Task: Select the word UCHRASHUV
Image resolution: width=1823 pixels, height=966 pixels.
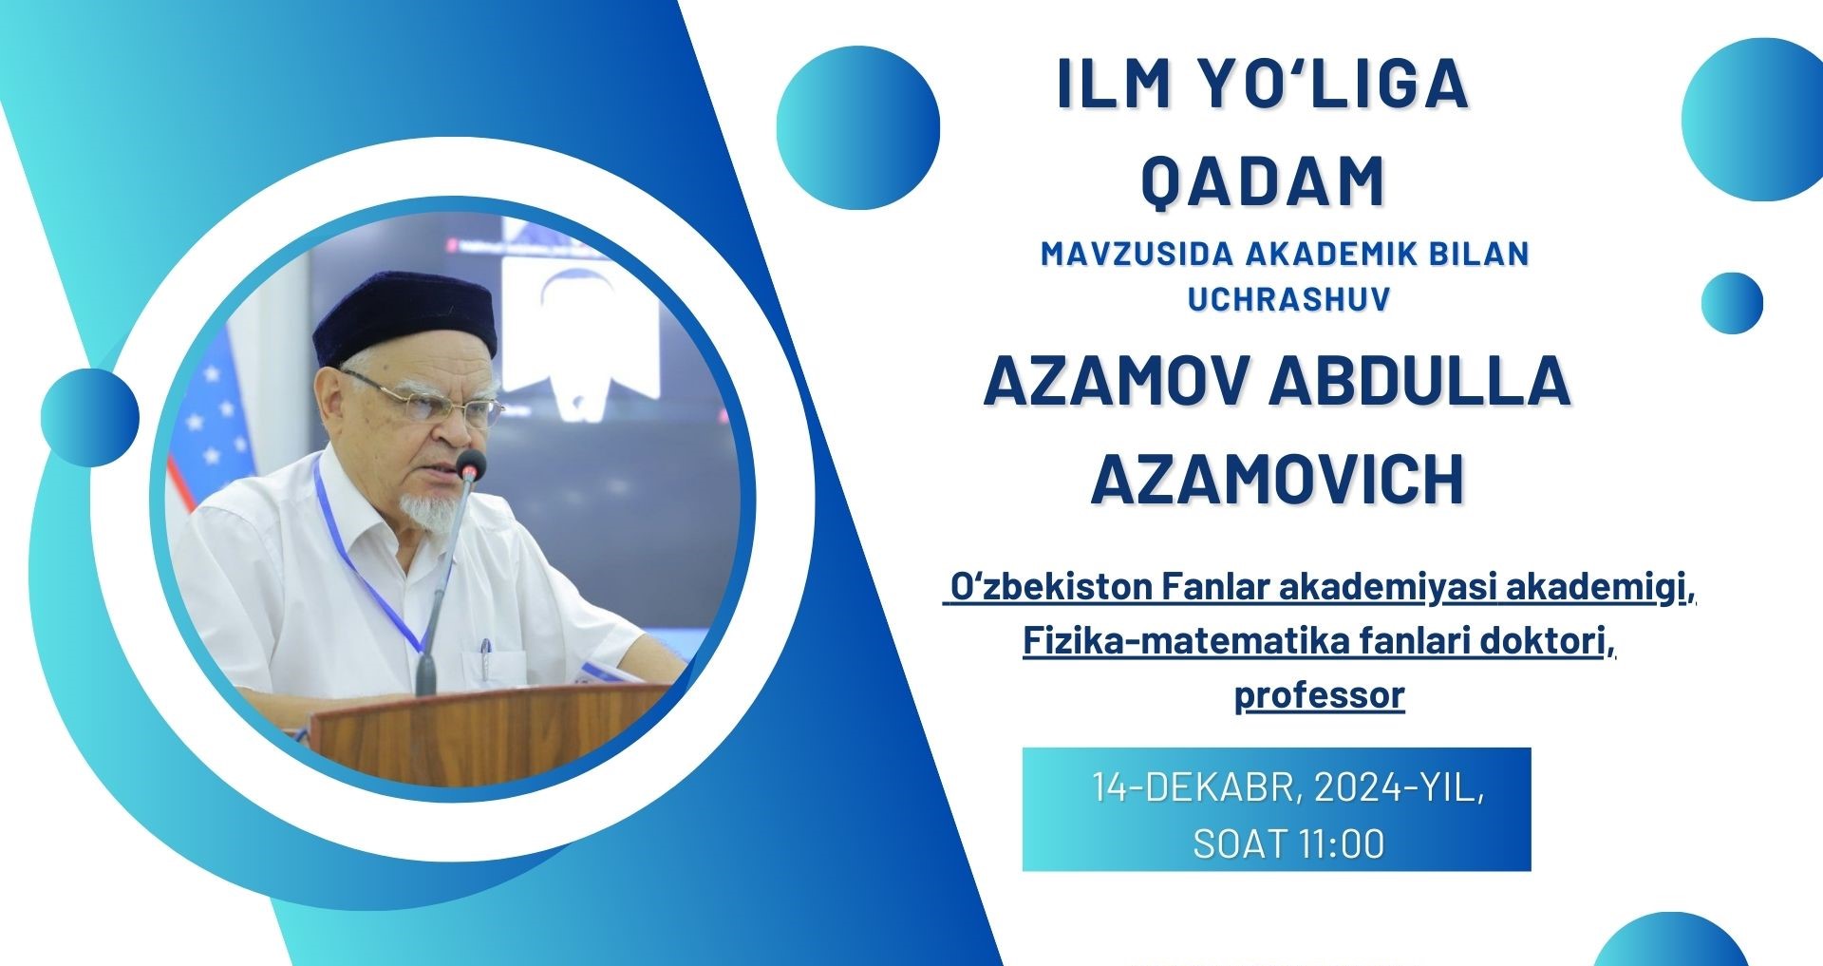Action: coord(1288,298)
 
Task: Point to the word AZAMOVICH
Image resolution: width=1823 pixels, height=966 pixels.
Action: coord(1277,479)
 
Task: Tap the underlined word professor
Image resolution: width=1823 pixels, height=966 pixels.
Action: coord(1319,695)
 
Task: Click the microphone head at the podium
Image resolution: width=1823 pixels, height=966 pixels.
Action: coord(470,464)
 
